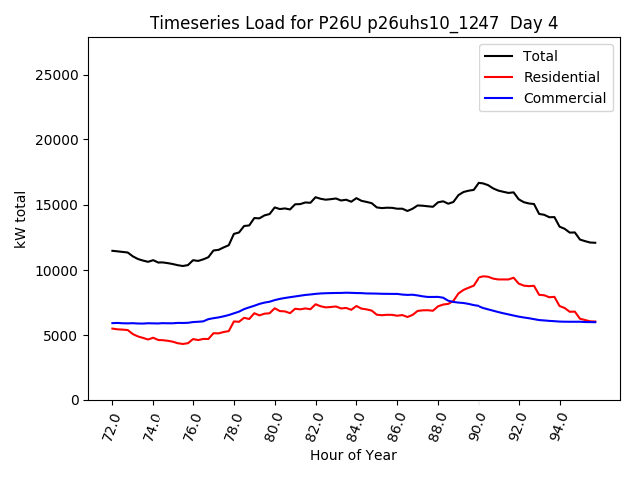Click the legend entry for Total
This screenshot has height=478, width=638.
point(540,56)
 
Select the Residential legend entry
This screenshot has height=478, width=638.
point(561,77)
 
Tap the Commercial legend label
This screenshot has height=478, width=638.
point(564,98)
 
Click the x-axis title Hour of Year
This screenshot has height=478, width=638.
point(353,455)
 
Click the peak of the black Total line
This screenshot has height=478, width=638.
point(479,183)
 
